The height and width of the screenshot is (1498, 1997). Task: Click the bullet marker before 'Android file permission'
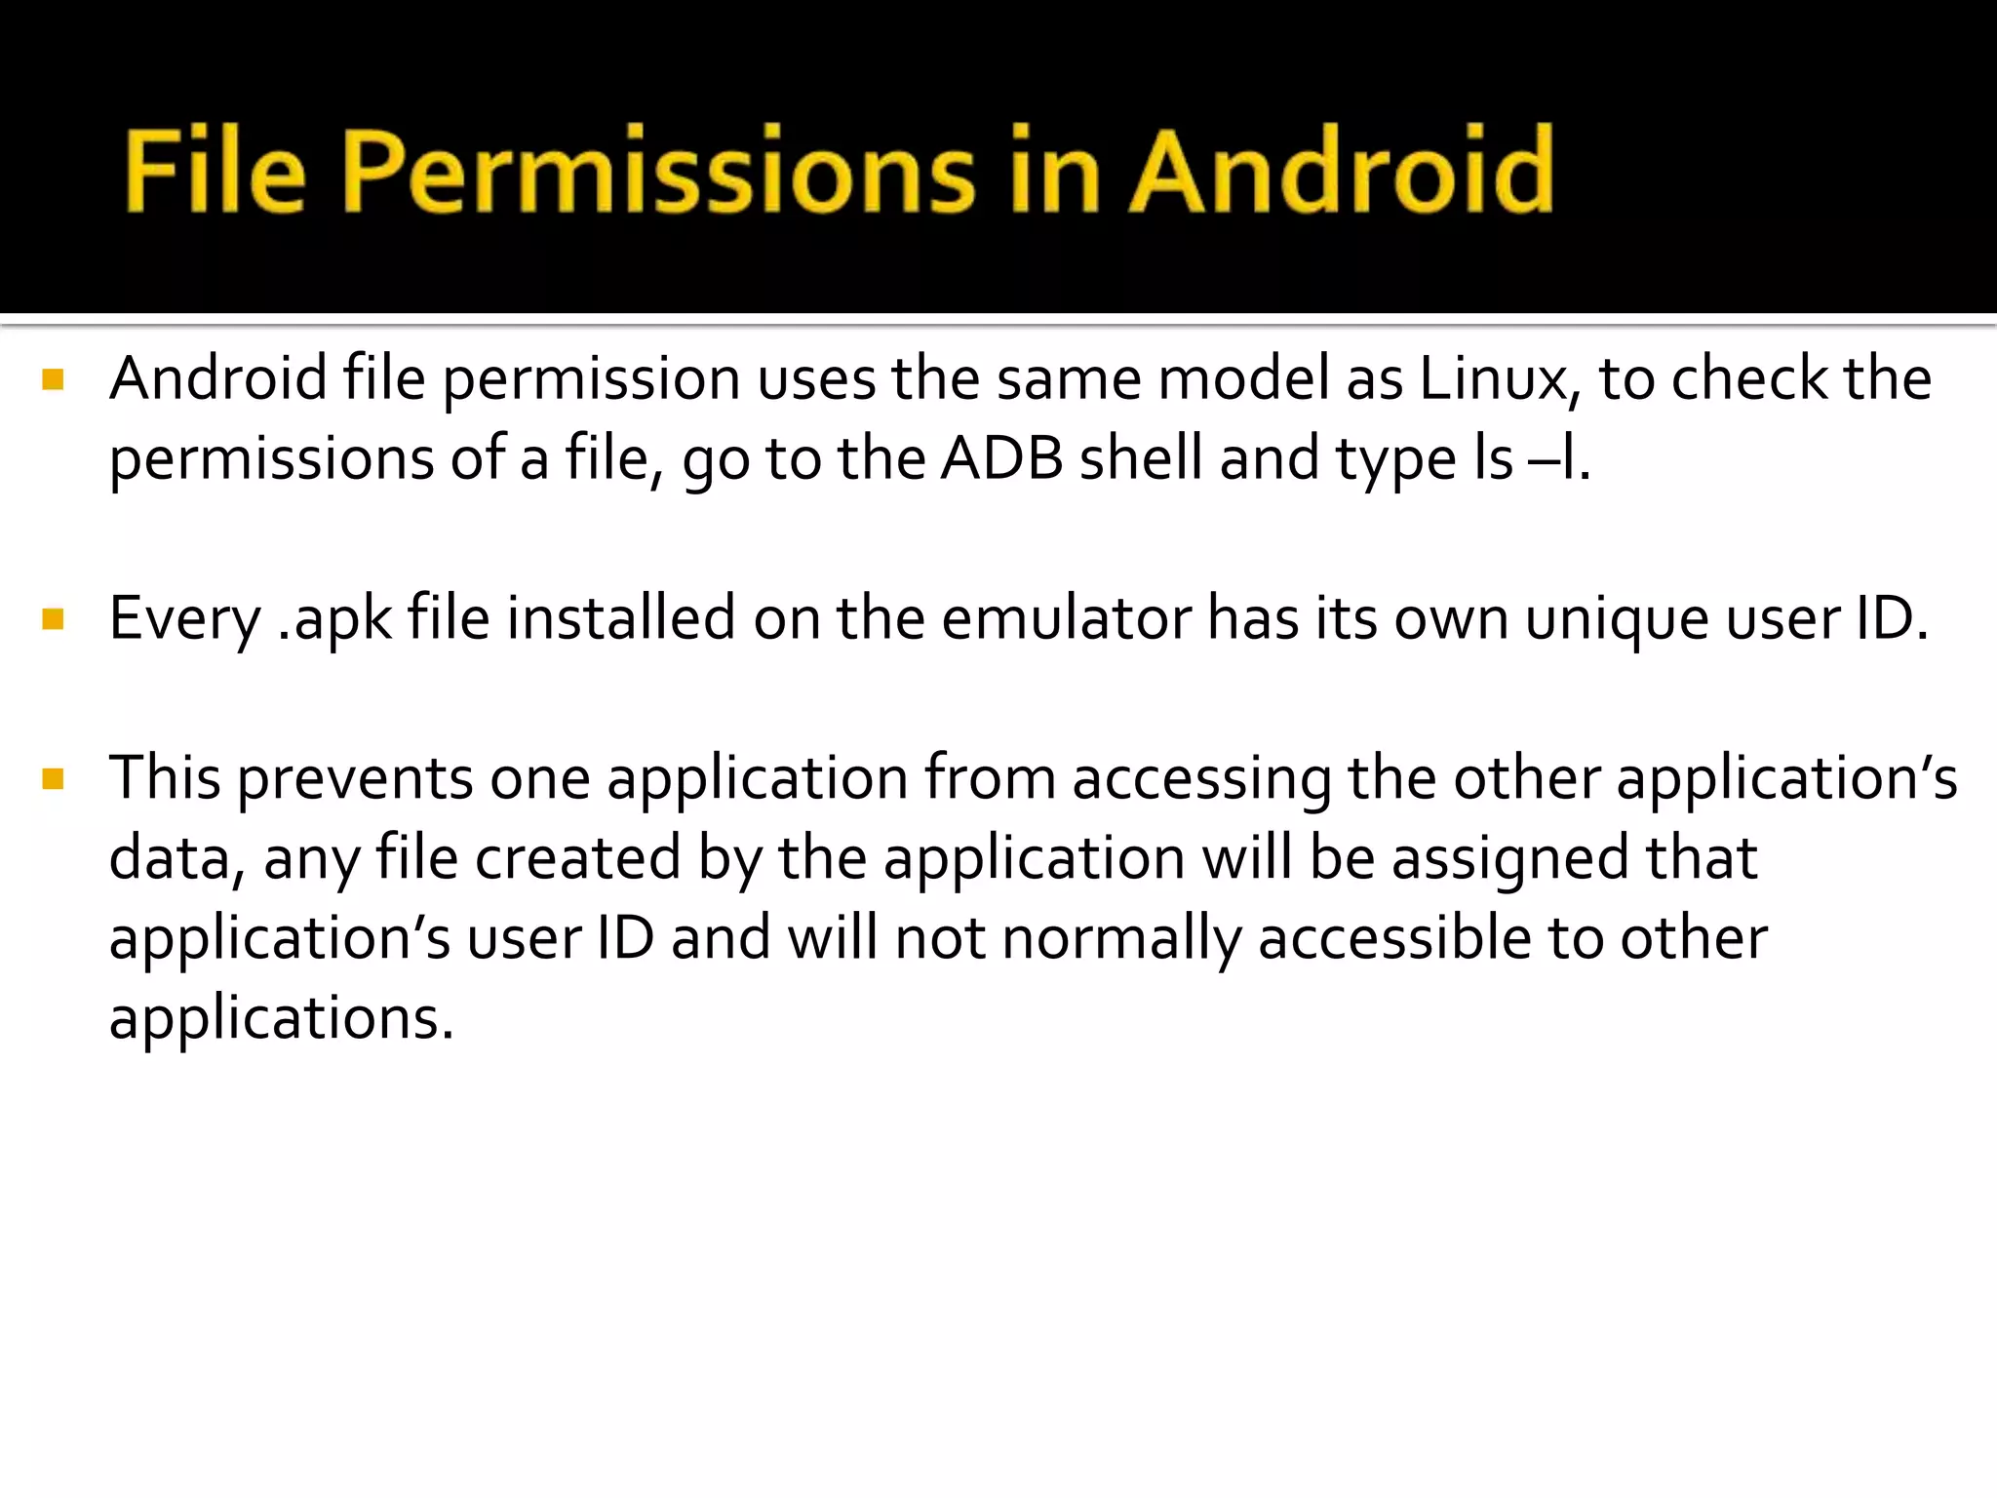[x=54, y=379]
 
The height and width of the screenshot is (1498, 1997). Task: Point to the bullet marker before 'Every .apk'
[x=54, y=619]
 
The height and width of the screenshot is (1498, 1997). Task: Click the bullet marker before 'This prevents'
[x=54, y=779]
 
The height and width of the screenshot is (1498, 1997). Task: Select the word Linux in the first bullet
[x=1498, y=379]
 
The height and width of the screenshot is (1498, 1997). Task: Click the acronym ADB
[x=1001, y=459]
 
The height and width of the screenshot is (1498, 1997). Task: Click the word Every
[x=184, y=619]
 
